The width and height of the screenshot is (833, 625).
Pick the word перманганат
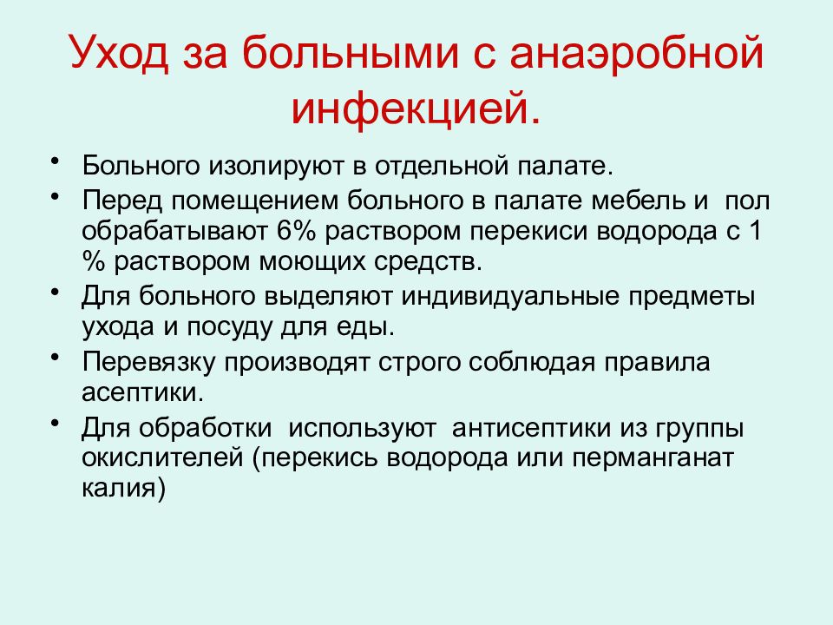coord(659,458)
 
